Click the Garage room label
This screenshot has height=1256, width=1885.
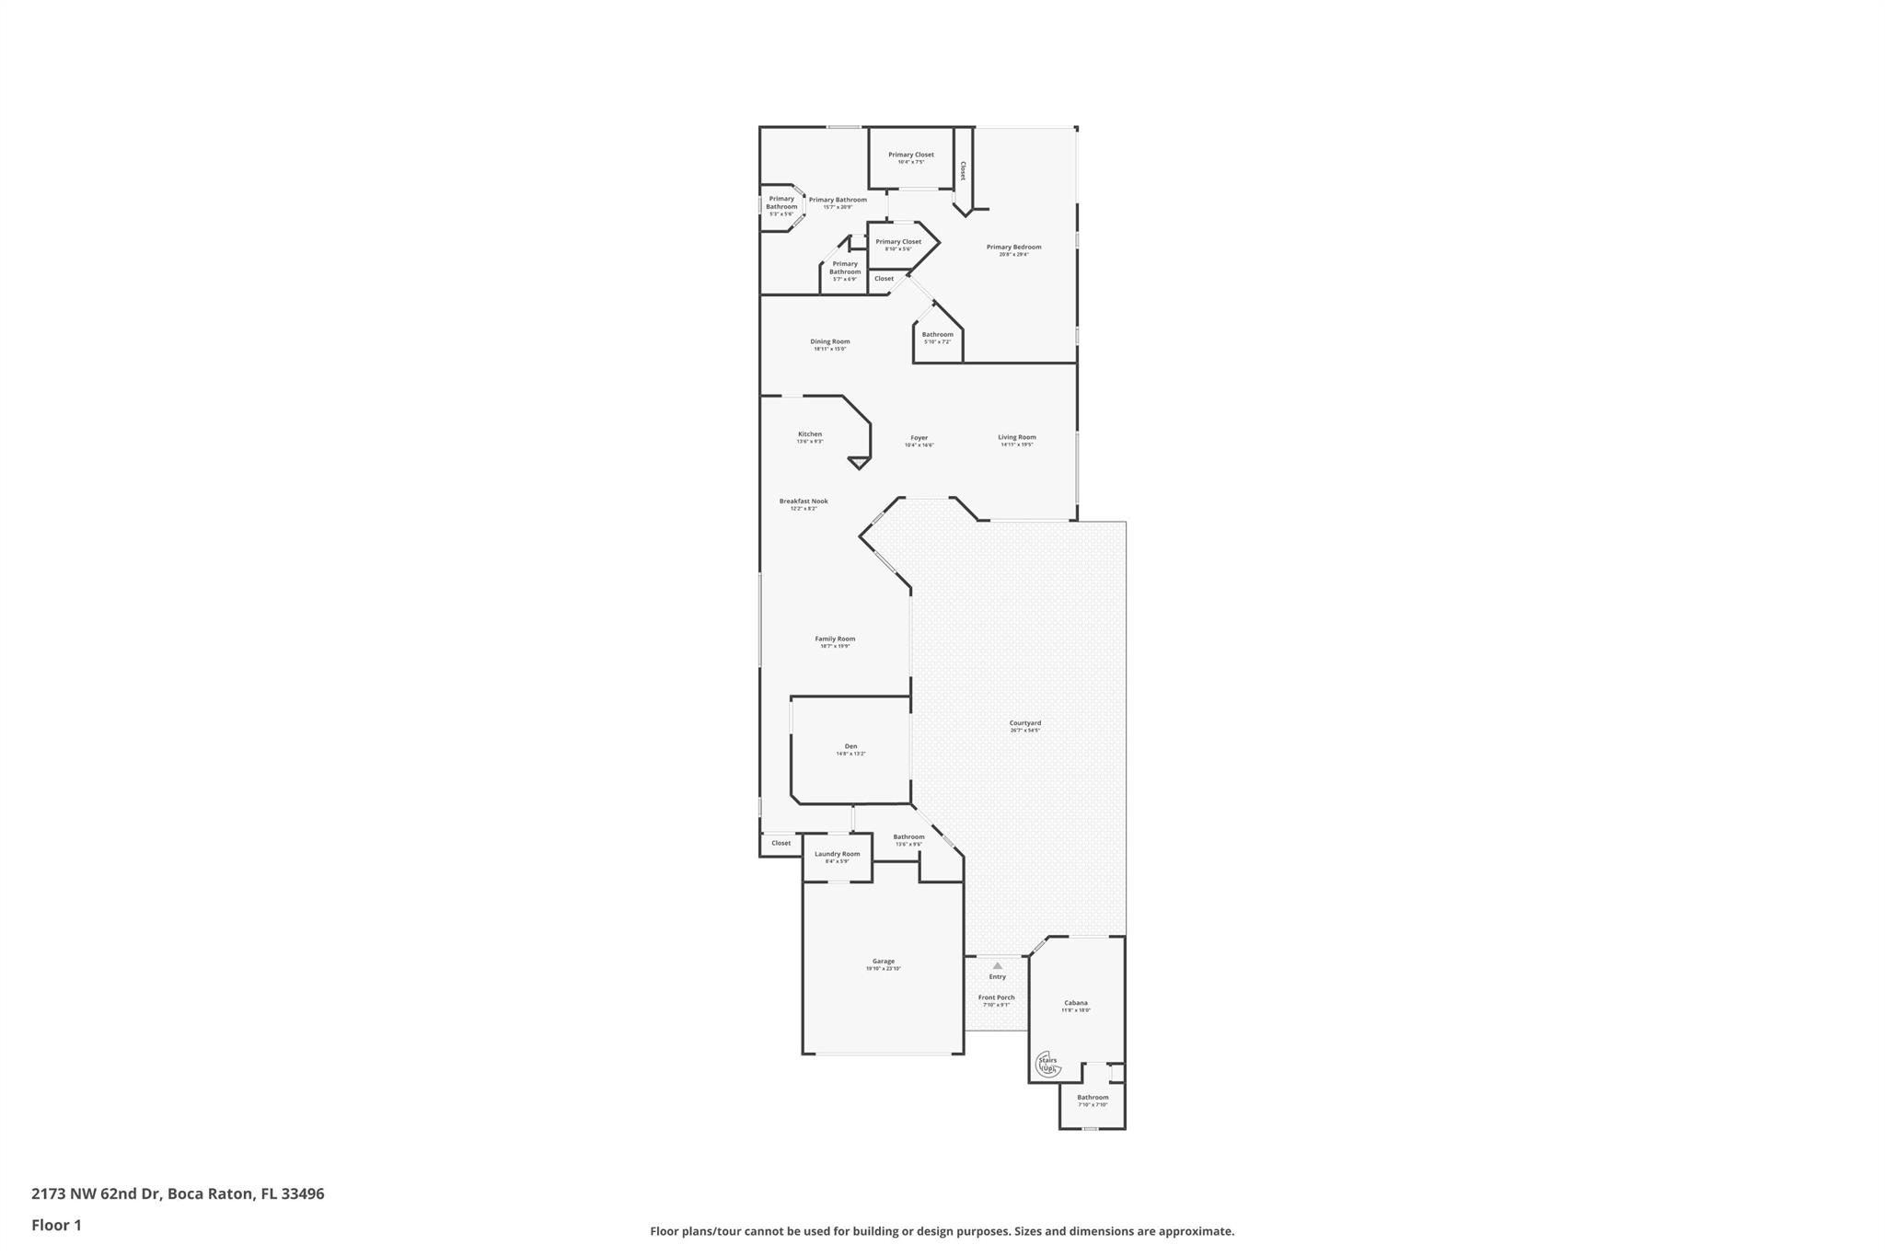click(x=883, y=962)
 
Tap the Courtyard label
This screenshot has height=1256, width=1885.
click(x=1024, y=723)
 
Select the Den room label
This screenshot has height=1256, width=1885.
click(x=850, y=747)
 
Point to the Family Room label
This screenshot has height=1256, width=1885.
click(x=835, y=640)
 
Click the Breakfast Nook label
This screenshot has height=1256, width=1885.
click(x=804, y=501)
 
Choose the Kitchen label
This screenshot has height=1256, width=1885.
click(x=810, y=434)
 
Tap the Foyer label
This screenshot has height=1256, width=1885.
click(x=919, y=438)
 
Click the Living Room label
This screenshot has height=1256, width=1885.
click(x=1017, y=438)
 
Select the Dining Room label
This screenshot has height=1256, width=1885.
click(x=829, y=342)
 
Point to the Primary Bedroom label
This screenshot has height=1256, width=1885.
click(x=1013, y=248)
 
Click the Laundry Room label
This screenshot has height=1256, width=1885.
click(x=837, y=855)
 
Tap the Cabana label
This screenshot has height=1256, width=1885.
click(x=1075, y=1003)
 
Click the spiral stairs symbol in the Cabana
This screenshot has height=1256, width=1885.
click(x=1048, y=1065)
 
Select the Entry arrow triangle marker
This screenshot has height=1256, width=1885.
click(x=997, y=966)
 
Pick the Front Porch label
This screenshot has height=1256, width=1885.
click(x=996, y=998)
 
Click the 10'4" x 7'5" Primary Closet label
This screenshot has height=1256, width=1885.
click(x=910, y=156)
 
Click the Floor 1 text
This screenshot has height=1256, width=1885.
click(x=56, y=1225)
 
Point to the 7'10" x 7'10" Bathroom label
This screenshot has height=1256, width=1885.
click(x=1093, y=1098)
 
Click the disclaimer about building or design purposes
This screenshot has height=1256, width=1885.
click(x=942, y=1231)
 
